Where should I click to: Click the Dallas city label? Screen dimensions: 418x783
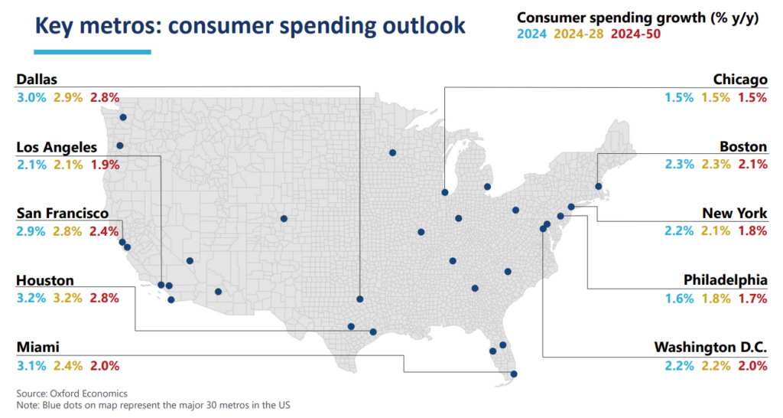pyautogui.click(x=37, y=80)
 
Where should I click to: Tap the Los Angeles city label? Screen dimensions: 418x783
pyautogui.click(x=57, y=147)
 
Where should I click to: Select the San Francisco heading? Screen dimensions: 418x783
pyautogui.click(x=63, y=214)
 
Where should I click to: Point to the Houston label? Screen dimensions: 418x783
pyautogui.click(x=45, y=281)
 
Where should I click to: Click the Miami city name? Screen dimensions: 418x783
pyautogui.click(x=38, y=348)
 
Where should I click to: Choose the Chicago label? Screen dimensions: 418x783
pyautogui.click(x=739, y=80)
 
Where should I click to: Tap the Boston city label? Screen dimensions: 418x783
pyautogui.click(x=743, y=147)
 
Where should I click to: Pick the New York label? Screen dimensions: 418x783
pyautogui.click(x=735, y=214)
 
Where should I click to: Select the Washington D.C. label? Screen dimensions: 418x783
pyautogui.click(x=710, y=348)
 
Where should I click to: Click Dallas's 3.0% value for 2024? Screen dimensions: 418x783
pyautogui.click(x=31, y=98)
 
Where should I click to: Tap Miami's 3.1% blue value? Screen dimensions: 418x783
pyautogui.click(x=31, y=366)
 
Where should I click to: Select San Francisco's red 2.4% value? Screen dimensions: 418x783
pyautogui.click(x=105, y=232)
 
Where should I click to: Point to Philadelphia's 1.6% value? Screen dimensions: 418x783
pyautogui.click(x=679, y=299)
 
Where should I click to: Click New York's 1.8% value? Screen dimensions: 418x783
pyautogui.click(x=752, y=232)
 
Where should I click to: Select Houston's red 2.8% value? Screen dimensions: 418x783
pyautogui.click(x=105, y=299)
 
